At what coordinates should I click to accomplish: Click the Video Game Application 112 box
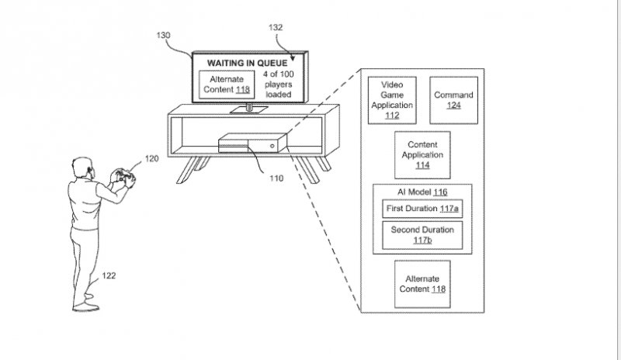[x=392, y=100]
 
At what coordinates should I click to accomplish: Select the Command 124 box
[x=454, y=100]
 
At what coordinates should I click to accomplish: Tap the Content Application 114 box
[x=422, y=155]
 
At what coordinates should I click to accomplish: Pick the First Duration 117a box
[x=422, y=209]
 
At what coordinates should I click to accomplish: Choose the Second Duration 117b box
[x=422, y=235]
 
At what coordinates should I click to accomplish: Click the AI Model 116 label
[x=422, y=192]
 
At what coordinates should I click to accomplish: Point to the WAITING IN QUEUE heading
[x=247, y=63]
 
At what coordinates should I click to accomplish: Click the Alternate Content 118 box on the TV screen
[x=227, y=85]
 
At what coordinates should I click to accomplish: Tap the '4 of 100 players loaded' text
[x=279, y=85]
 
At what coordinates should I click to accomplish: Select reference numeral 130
[x=163, y=35]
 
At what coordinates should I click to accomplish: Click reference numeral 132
[x=276, y=27]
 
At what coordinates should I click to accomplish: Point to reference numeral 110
[x=276, y=178]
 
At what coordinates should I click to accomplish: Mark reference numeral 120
[x=151, y=158]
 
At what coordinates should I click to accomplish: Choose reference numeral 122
[x=109, y=275]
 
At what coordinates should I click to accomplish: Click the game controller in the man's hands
[x=126, y=177]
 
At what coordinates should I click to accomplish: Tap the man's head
[x=84, y=168]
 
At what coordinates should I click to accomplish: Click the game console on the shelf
[x=253, y=144]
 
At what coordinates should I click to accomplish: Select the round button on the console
[x=272, y=146]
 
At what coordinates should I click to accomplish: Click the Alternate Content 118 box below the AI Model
[x=422, y=284]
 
